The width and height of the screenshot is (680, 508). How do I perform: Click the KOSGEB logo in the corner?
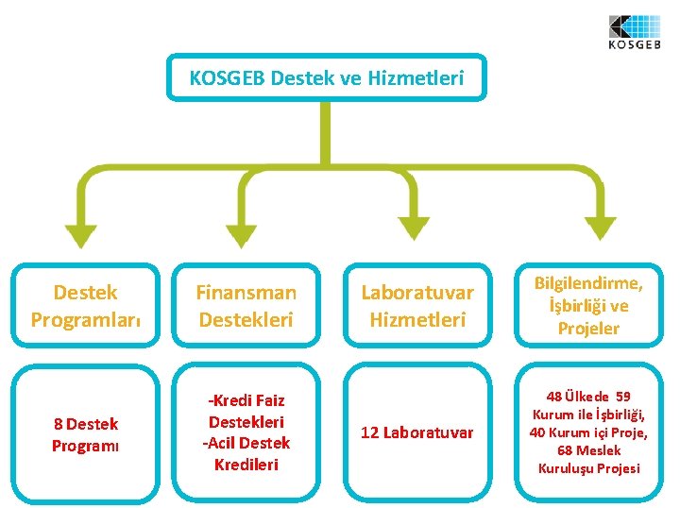click(x=634, y=31)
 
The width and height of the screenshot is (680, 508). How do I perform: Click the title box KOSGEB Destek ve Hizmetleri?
click(x=327, y=77)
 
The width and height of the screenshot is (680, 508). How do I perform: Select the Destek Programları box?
click(x=86, y=306)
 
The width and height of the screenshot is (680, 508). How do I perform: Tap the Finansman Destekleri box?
click(x=246, y=306)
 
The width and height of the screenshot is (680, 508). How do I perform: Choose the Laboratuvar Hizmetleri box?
click(x=417, y=306)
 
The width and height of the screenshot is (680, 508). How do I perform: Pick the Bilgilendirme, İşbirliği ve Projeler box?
click(x=588, y=306)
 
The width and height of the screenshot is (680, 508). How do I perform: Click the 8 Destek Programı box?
click(x=86, y=433)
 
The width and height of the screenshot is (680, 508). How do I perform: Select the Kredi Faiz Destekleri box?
click(x=246, y=432)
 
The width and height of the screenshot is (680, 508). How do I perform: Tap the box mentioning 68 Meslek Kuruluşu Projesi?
click(x=588, y=432)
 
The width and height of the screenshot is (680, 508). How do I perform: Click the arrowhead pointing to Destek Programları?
click(x=81, y=235)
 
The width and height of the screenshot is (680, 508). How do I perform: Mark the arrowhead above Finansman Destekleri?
click(x=244, y=235)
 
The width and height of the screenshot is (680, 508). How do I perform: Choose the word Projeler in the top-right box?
click(x=588, y=329)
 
